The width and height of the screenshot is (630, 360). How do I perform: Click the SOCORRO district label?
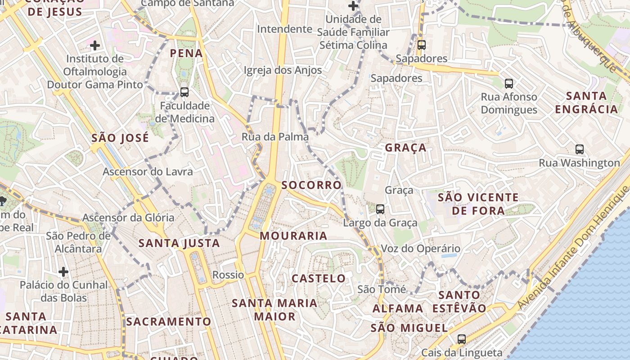pyautogui.click(x=311, y=185)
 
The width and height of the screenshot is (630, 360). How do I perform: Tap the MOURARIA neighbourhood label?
pyautogui.click(x=293, y=236)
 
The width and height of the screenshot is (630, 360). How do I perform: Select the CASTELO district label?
pyautogui.click(x=319, y=279)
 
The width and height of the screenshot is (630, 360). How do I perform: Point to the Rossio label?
pyautogui.click(x=228, y=274)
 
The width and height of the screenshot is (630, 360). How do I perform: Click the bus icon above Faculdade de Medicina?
pyautogui.click(x=184, y=92)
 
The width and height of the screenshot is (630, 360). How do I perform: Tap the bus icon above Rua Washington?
pyautogui.click(x=580, y=149)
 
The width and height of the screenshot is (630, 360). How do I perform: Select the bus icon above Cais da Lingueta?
pyautogui.click(x=462, y=339)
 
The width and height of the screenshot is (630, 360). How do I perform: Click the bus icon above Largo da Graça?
pyautogui.click(x=380, y=209)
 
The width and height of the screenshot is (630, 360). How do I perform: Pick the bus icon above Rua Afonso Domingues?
pyautogui.click(x=509, y=84)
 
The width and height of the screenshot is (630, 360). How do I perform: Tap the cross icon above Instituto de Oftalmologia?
pyautogui.click(x=95, y=45)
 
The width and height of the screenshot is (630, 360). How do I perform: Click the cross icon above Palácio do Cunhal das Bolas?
pyautogui.click(x=63, y=272)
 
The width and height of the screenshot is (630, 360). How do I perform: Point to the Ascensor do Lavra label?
pyautogui.click(x=148, y=171)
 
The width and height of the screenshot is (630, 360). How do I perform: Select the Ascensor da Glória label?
pyautogui.click(x=128, y=218)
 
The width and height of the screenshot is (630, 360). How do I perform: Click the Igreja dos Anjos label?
pyautogui.click(x=283, y=70)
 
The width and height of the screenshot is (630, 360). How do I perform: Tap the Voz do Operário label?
pyautogui.click(x=420, y=248)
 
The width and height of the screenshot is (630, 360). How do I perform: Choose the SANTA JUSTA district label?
pyautogui.click(x=179, y=243)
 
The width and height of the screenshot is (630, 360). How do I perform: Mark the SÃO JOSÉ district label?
pyautogui.click(x=120, y=138)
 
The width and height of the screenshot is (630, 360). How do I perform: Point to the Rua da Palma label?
pyautogui.click(x=275, y=137)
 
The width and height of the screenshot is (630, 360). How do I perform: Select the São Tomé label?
pyautogui.click(x=382, y=289)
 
